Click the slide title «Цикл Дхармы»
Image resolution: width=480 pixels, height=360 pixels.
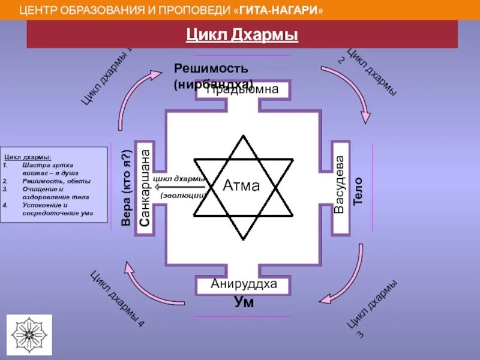click(242, 36)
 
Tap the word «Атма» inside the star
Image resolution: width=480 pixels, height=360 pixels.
click(241, 186)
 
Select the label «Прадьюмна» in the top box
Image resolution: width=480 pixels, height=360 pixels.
click(243, 90)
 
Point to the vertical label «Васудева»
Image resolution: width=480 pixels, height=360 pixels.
click(340, 185)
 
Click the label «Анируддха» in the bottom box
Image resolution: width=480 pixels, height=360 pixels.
click(244, 284)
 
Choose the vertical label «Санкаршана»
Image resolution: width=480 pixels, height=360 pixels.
click(144, 187)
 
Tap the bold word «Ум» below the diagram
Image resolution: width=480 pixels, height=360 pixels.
click(244, 302)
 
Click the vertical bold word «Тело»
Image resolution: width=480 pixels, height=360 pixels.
click(358, 191)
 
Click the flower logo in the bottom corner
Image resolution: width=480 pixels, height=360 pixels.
click(31, 334)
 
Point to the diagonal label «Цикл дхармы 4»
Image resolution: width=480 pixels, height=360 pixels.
click(118, 299)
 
